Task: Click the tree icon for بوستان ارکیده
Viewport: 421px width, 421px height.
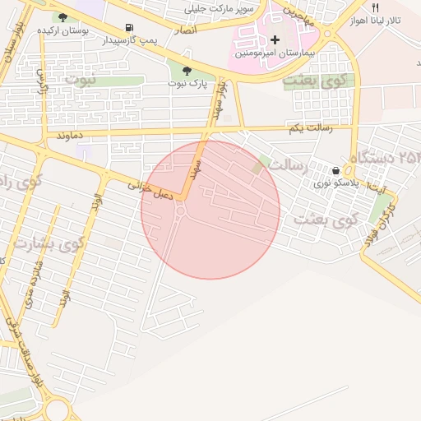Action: (62, 16)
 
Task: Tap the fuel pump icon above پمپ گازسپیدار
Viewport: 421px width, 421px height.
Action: (129, 27)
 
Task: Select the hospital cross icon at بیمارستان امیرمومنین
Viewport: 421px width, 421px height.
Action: (275, 39)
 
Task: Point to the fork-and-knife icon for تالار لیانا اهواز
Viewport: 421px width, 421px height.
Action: (375, 7)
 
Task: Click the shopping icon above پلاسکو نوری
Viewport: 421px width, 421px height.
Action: (335, 171)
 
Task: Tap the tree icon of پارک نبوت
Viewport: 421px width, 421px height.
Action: (187, 71)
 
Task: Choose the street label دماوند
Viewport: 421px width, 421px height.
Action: (71, 134)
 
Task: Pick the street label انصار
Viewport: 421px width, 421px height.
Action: (185, 30)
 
